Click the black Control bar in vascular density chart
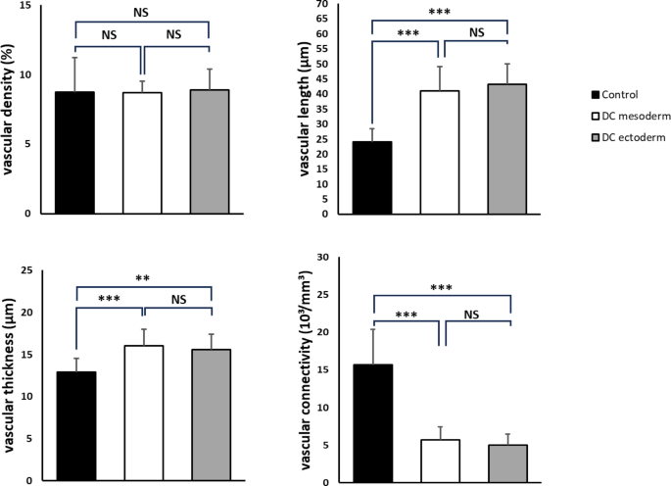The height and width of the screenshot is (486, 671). pyautogui.click(x=74, y=152)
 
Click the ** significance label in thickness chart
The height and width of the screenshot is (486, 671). pyautogui.click(x=143, y=278)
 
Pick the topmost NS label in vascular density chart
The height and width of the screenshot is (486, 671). pyautogui.click(x=143, y=11)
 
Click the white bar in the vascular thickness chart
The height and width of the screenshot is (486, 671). pyautogui.click(x=143, y=412)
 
